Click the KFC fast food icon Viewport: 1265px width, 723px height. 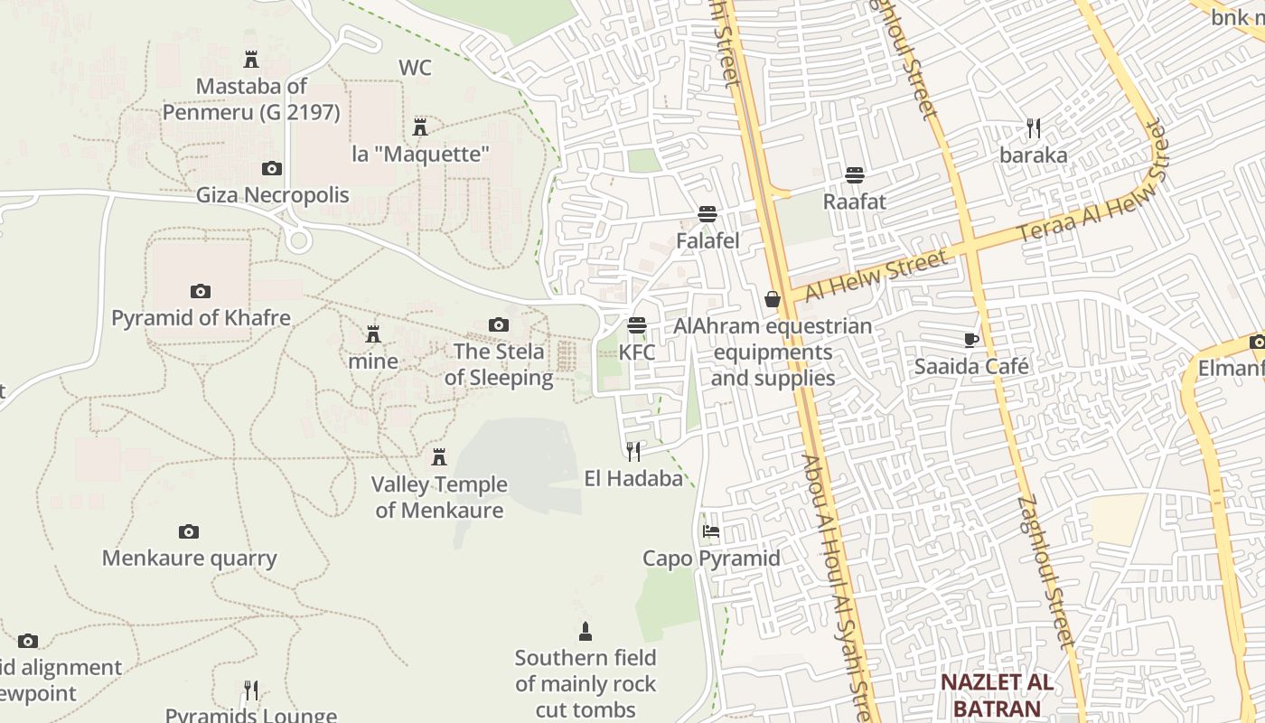coord(638,324)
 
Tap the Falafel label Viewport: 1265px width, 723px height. coord(707,241)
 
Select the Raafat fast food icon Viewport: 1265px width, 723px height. coord(855,174)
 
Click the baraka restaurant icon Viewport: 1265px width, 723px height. coord(1034,128)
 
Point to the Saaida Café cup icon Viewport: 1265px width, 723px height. coord(971,340)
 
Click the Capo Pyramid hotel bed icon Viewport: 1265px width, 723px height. coord(711,531)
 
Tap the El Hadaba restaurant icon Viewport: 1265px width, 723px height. coord(633,451)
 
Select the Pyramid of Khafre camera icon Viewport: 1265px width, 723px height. coord(201,291)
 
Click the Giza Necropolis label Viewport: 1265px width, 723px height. coord(272,195)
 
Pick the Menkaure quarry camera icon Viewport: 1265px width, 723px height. coord(188,531)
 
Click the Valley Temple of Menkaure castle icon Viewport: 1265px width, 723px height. coord(439,457)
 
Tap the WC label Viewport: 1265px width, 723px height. coord(415,68)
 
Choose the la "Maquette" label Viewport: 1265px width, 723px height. coord(420,155)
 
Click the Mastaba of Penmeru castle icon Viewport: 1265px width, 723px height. coord(251,60)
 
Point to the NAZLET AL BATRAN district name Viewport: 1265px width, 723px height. coord(997,695)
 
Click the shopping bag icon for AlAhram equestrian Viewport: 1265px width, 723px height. coord(773,299)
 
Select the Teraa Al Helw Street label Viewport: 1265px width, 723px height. coord(1094,193)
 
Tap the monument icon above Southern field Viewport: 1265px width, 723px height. coord(586,631)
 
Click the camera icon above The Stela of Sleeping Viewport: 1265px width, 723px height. coord(498,324)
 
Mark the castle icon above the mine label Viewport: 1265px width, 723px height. coord(372,334)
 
